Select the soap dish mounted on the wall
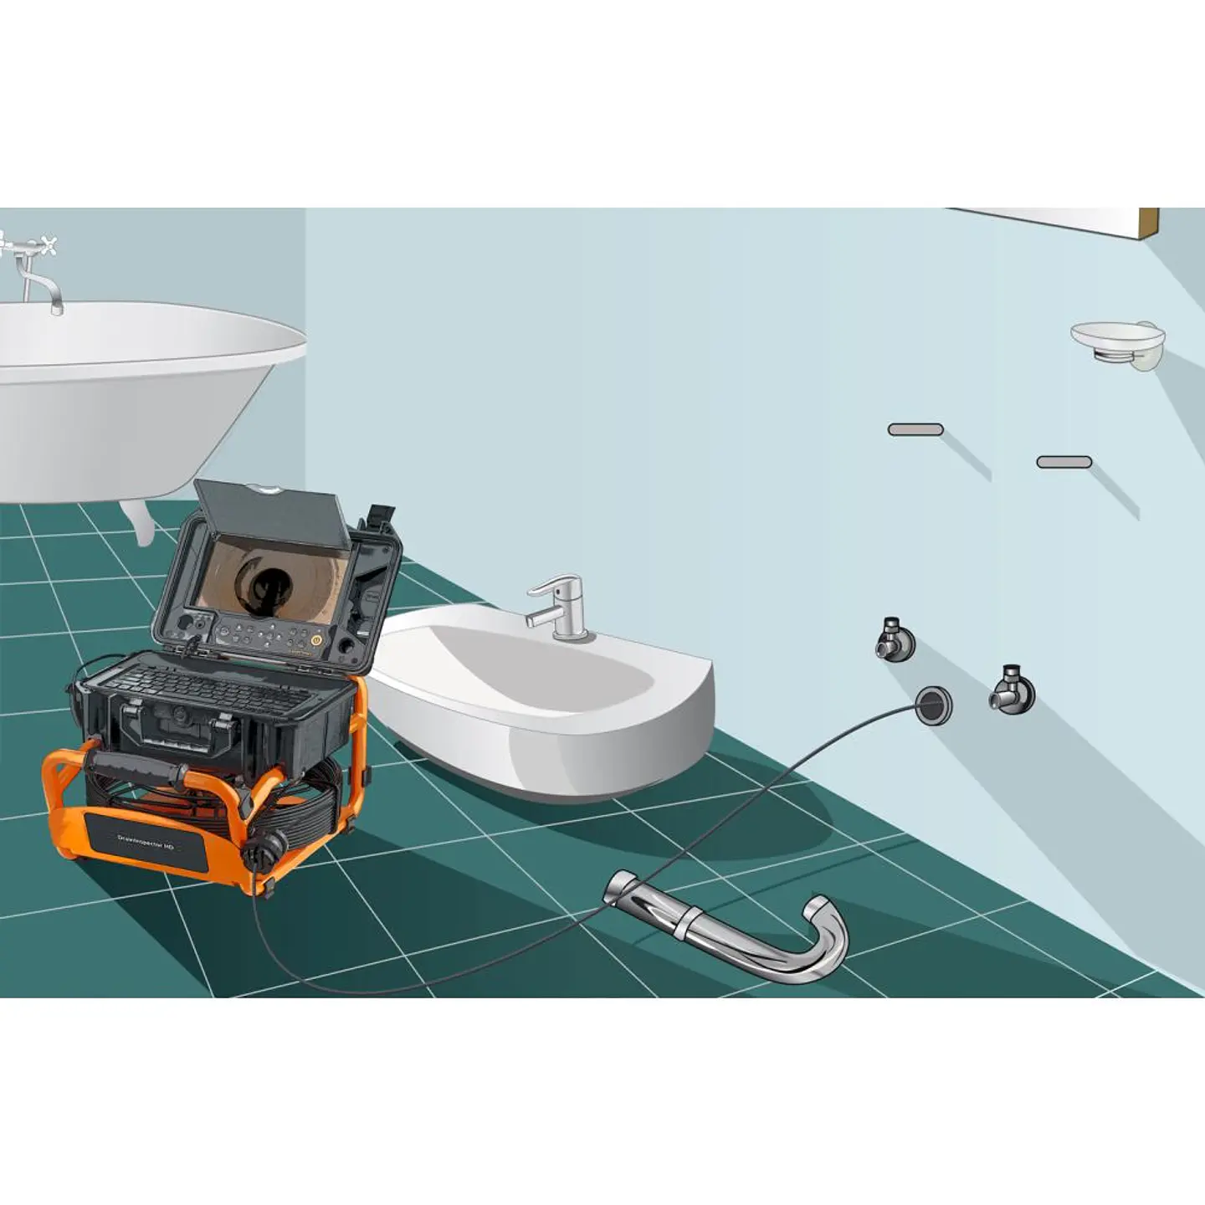1118,341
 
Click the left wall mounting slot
915,429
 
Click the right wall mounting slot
1064,462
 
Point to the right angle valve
1012,691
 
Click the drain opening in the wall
934,705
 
